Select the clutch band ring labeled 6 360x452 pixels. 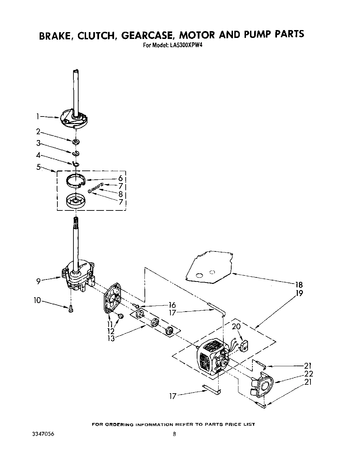tap(75, 181)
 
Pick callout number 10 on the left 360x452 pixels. tap(37, 300)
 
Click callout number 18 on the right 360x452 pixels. tap(299, 285)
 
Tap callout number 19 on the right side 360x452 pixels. tap(299, 293)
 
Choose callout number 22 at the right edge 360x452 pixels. tap(308, 374)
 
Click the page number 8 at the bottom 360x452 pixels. tap(174, 434)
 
